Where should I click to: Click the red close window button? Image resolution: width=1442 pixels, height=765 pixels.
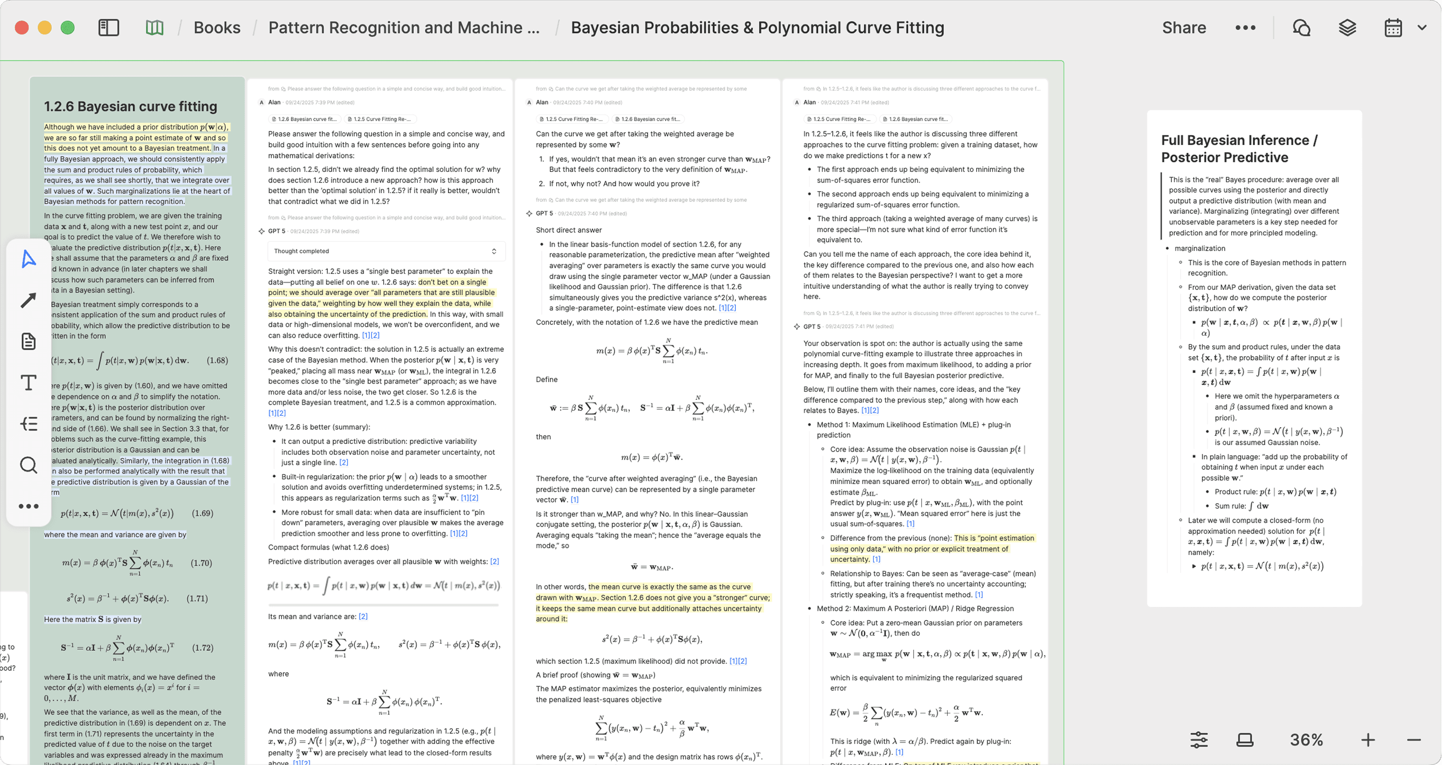pos(22,27)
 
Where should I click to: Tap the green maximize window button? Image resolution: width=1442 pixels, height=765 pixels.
pos(68,27)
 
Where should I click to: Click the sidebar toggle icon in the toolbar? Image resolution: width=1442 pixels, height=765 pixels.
pos(108,27)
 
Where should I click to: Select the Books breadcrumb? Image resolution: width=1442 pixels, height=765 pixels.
pos(217,27)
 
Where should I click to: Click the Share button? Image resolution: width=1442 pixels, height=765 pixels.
pos(1183,27)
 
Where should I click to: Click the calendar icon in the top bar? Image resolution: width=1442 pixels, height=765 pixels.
pos(1393,27)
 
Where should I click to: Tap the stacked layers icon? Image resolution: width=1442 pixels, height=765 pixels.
pos(1347,27)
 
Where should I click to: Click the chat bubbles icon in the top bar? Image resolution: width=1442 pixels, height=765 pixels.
pos(1301,27)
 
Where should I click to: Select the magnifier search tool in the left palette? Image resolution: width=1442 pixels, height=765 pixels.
pos(29,465)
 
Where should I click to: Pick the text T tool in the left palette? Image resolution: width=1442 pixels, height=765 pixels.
pos(29,383)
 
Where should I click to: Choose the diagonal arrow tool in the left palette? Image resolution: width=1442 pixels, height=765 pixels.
pos(29,301)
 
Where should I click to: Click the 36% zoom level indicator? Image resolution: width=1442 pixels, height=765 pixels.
pos(1306,740)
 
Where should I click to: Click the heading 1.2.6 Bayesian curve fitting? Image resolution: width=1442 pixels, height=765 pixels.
pos(130,106)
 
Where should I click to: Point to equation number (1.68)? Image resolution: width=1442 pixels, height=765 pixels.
pos(217,360)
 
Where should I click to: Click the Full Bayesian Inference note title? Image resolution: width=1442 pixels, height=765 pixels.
pos(1239,148)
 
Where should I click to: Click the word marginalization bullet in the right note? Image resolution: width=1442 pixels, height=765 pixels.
pos(1199,248)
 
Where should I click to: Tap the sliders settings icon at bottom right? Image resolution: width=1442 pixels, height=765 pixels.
pos(1198,740)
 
